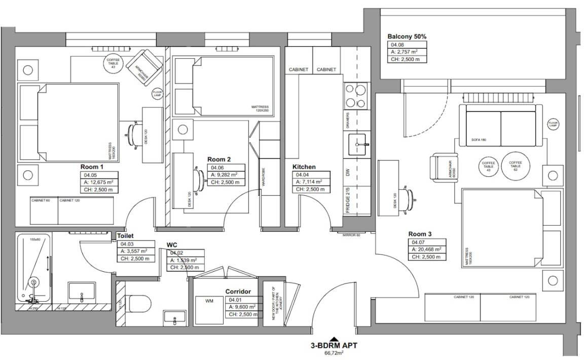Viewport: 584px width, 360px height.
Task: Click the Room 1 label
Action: [92, 167]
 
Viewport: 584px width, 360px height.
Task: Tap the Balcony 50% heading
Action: [407, 37]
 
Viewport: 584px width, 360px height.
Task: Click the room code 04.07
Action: [418, 242]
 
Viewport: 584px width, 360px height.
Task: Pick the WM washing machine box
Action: [209, 301]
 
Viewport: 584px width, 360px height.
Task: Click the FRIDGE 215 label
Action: [348, 199]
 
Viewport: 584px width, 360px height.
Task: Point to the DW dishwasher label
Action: [348, 172]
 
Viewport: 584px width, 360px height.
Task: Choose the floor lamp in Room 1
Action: [157, 94]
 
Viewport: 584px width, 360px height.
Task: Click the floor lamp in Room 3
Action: [553, 124]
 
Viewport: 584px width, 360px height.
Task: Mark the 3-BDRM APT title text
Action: [334, 347]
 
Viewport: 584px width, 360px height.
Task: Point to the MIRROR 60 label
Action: [351, 235]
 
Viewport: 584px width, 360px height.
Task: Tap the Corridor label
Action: [238, 292]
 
